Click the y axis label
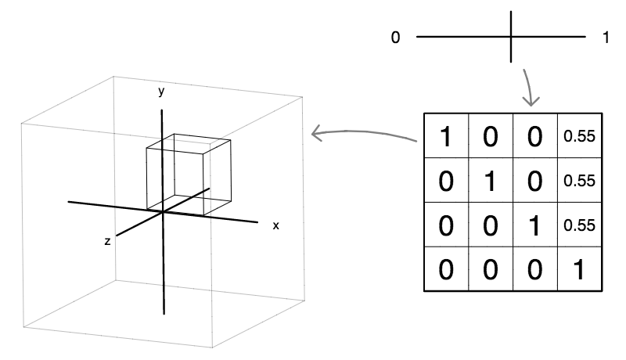[x=161, y=92]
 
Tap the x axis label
[x=275, y=225]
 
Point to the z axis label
[x=106, y=243]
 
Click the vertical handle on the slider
[x=512, y=36]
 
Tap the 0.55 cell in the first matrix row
[x=580, y=136]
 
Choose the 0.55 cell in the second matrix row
[x=580, y=181]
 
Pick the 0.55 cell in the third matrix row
[x=580, y=225]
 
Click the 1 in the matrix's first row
[x=446, y=136]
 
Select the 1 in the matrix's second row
[x=491, y=181]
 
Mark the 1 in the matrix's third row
[x=535, y=225]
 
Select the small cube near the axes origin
[x=189, y=175]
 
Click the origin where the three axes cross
[x=162, y=211]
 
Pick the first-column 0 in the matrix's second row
[x=446, y=181]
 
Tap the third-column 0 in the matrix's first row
[x=535, y=136]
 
